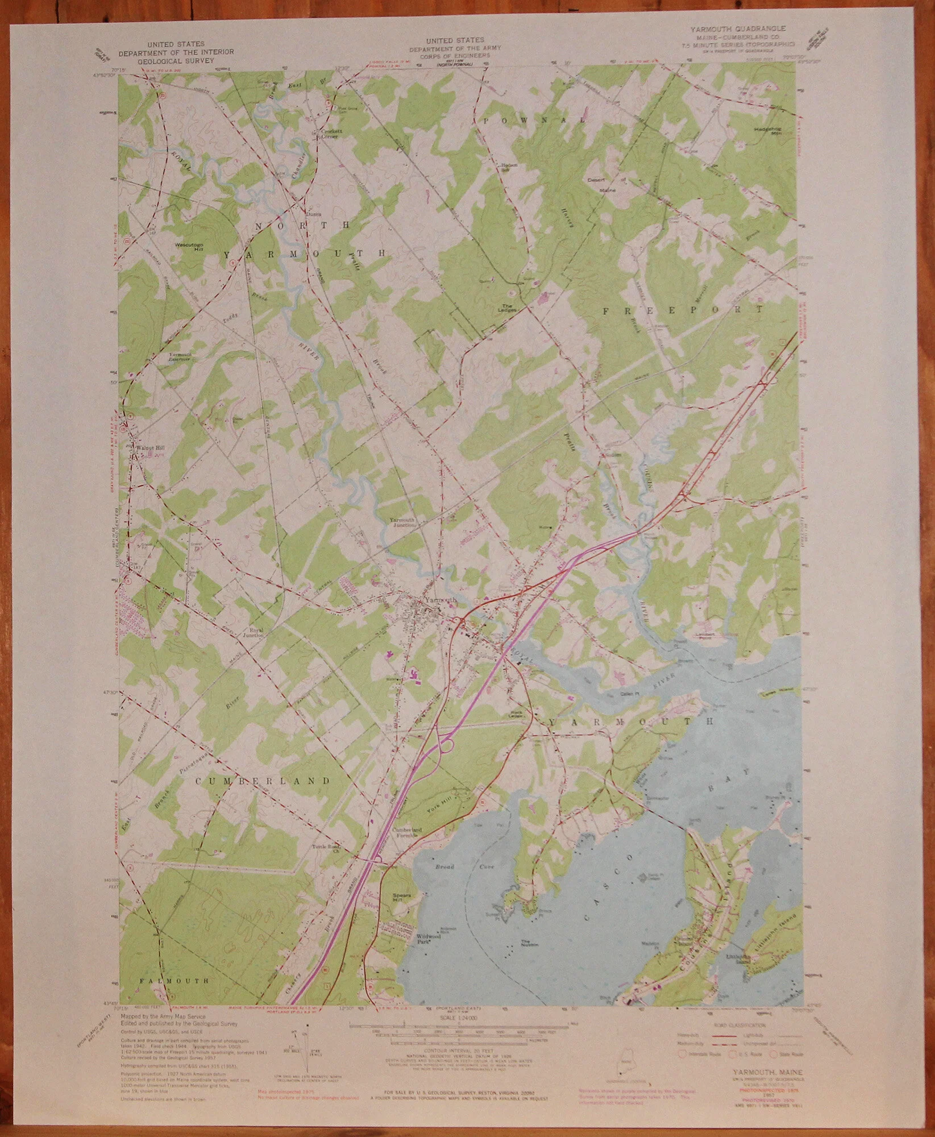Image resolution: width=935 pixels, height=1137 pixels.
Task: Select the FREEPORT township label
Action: tap(683, 310)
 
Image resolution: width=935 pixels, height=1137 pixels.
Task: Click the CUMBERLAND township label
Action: tap(263, 781)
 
